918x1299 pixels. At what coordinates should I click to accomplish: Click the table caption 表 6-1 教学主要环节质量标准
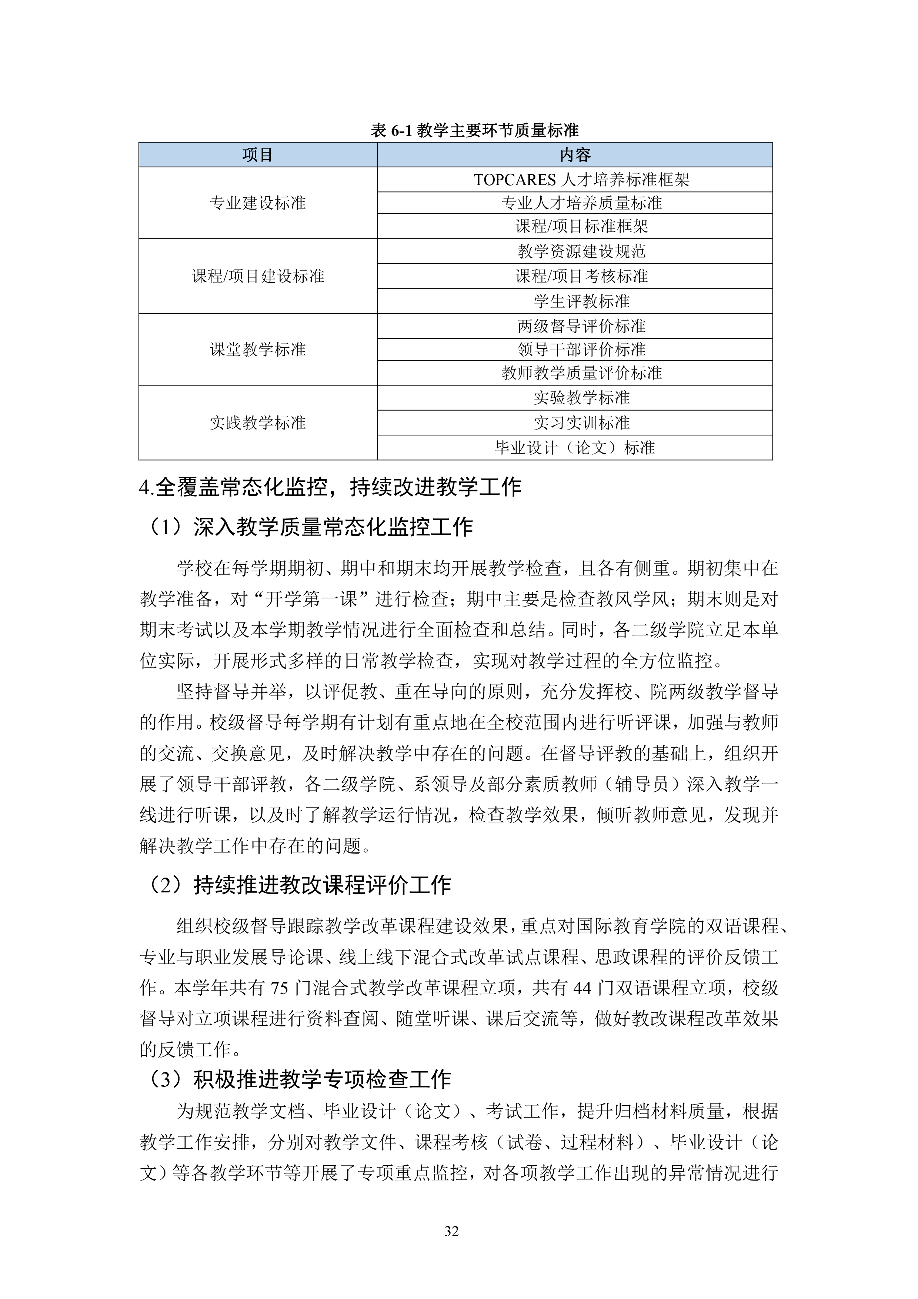tap(475, 131)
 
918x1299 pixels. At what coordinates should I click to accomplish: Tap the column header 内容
tap(575, 155)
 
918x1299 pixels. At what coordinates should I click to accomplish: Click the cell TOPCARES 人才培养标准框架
tap(581, 180)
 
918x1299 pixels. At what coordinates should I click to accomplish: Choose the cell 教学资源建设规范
tap(581, 251)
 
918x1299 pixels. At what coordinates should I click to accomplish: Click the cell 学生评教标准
tap(581, 301)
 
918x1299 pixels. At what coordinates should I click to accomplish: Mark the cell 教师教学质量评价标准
tap(581, 373)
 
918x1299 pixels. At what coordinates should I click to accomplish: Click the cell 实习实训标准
tap(581, 423)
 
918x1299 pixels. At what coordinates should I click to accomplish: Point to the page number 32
tap(451, 1232)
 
